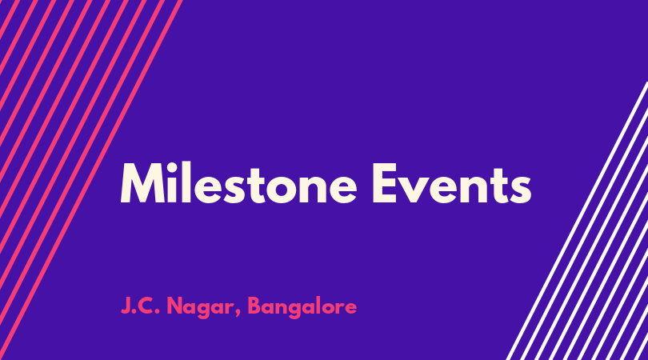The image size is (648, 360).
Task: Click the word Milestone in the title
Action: pos(238,183)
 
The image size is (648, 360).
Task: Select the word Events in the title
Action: pos(452,183)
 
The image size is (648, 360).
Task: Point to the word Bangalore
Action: pos(302,307)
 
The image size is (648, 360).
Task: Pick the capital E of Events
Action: pos(385,183)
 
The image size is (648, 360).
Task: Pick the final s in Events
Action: pos(521,190)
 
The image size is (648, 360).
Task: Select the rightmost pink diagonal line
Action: pos(90,180)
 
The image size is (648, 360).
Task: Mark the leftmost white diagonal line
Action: pos(578,221)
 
